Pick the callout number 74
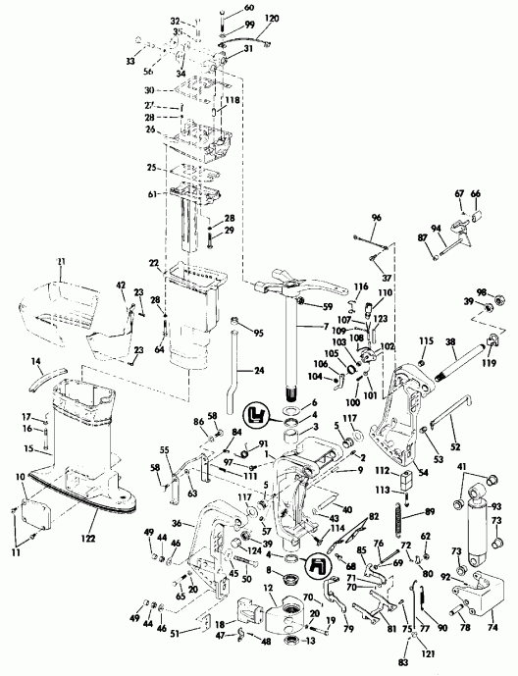pyautogui.click(x=493, y=628)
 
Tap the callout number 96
pyautogui.click(x=376, y=217)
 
